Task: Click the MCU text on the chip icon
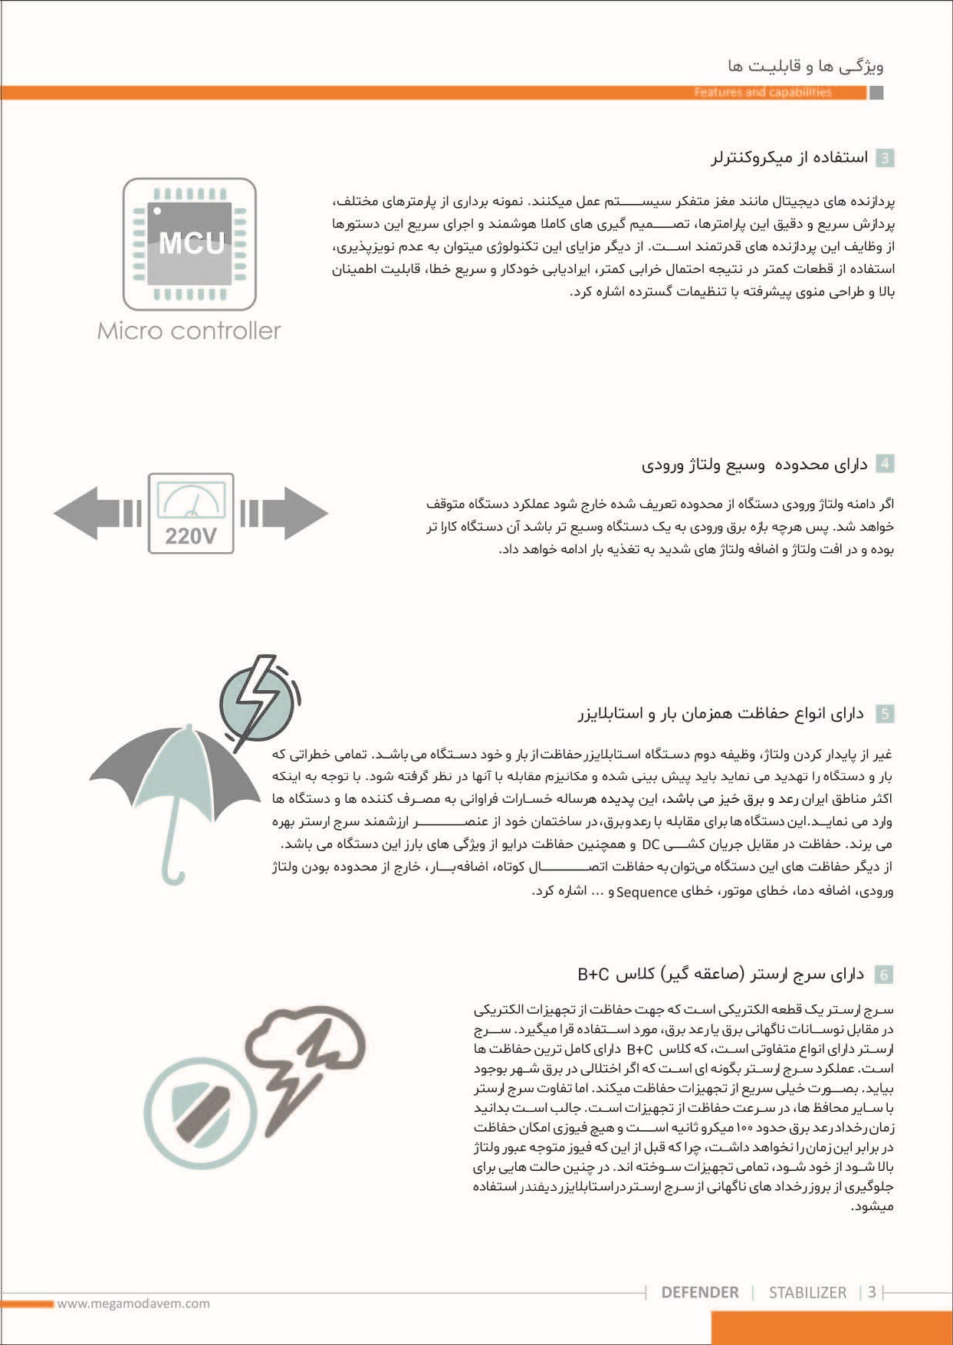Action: pos(191,243)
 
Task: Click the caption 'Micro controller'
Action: pos(189,330)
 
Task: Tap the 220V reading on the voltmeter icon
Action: pos(190,535)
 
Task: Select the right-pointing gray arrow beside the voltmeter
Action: pos(295,513)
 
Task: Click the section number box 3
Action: pos(884,158)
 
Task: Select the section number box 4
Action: pos(884,464)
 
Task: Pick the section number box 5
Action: pos(884,714)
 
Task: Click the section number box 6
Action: pos(884,975)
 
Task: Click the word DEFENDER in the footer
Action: pos(699,1292)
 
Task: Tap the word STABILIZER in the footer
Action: pos(807,1292)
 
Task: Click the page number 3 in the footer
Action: pos(872,1292)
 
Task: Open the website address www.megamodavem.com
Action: pos(133,1303)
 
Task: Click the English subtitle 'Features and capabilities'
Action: pos(762,92)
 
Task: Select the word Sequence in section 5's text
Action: pos(646,892)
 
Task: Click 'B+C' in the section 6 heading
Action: pos(593,975)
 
